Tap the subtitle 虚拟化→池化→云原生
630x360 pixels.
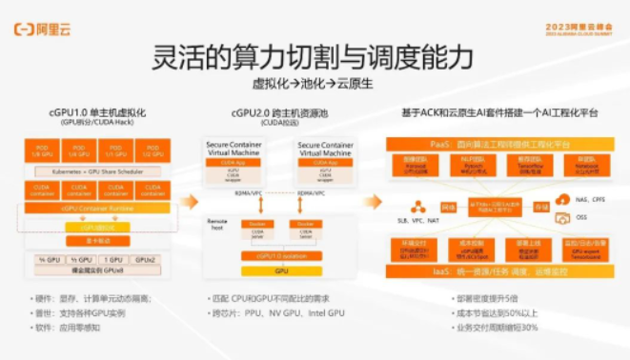(x=314, y=84)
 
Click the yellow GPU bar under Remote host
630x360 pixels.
(x=280, y=270)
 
